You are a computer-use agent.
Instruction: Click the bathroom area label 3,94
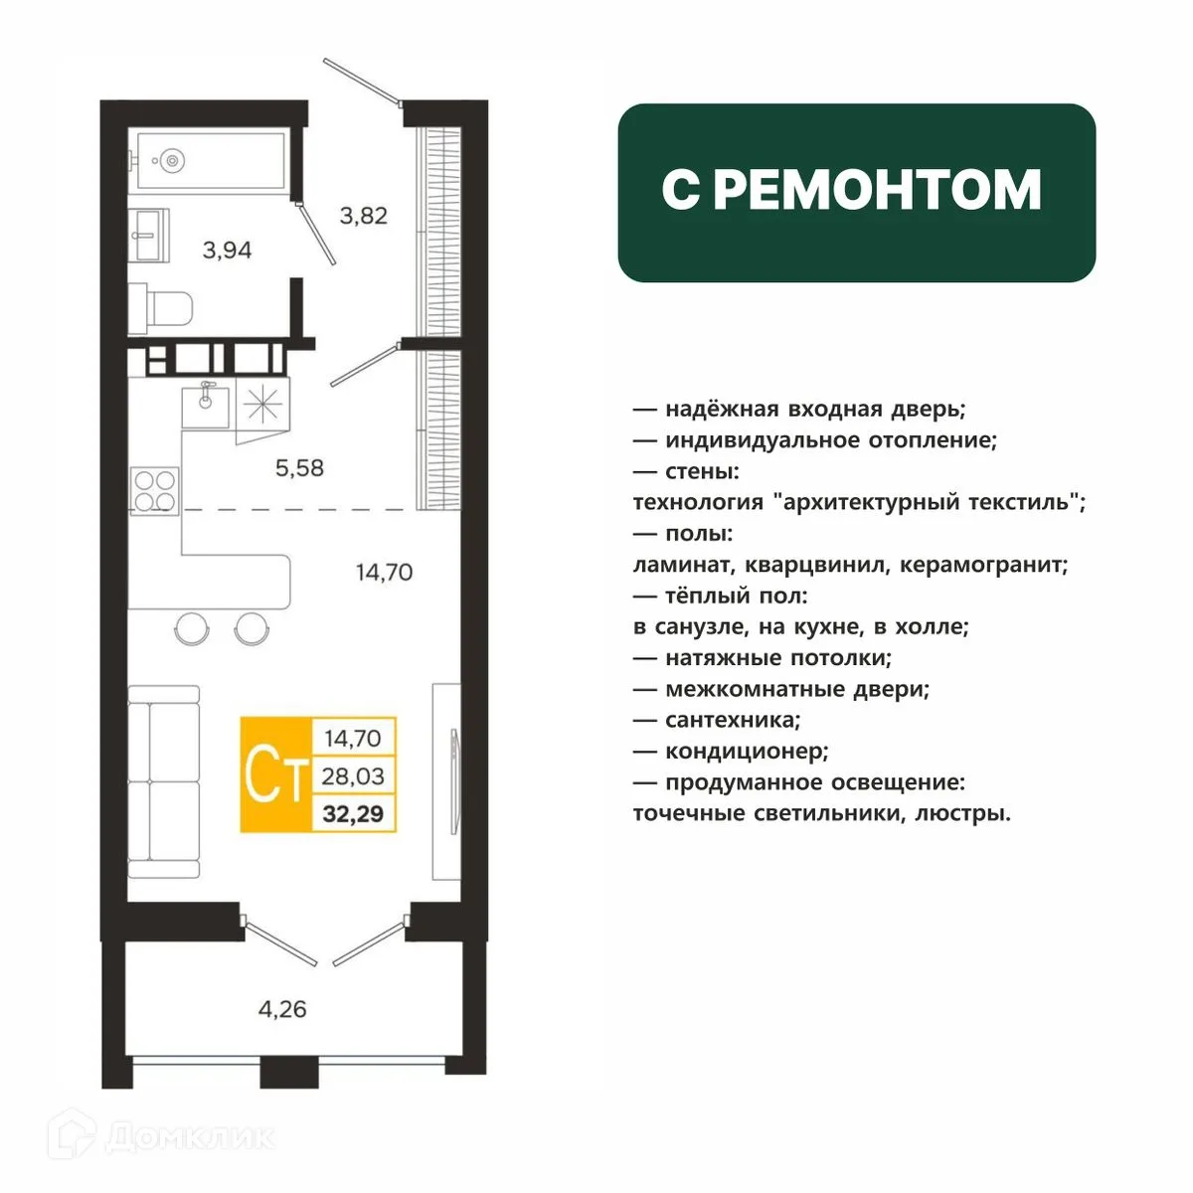point(228,251)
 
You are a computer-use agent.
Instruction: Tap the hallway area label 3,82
point(364,216)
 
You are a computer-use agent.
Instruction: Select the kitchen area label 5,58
point(299,468)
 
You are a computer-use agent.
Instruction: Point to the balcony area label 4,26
point(282,1009)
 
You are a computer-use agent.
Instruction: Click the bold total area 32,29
point(353,813)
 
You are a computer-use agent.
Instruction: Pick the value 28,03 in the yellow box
point(353,775)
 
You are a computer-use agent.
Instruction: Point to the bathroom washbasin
point(148,235)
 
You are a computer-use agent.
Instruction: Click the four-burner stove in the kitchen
point(155,491)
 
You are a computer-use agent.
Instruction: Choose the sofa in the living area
point(163,782)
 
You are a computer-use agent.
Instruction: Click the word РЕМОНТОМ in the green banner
point(881,190)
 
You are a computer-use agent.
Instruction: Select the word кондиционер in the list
point(746,752)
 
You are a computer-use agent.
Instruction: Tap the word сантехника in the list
point(733,720)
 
